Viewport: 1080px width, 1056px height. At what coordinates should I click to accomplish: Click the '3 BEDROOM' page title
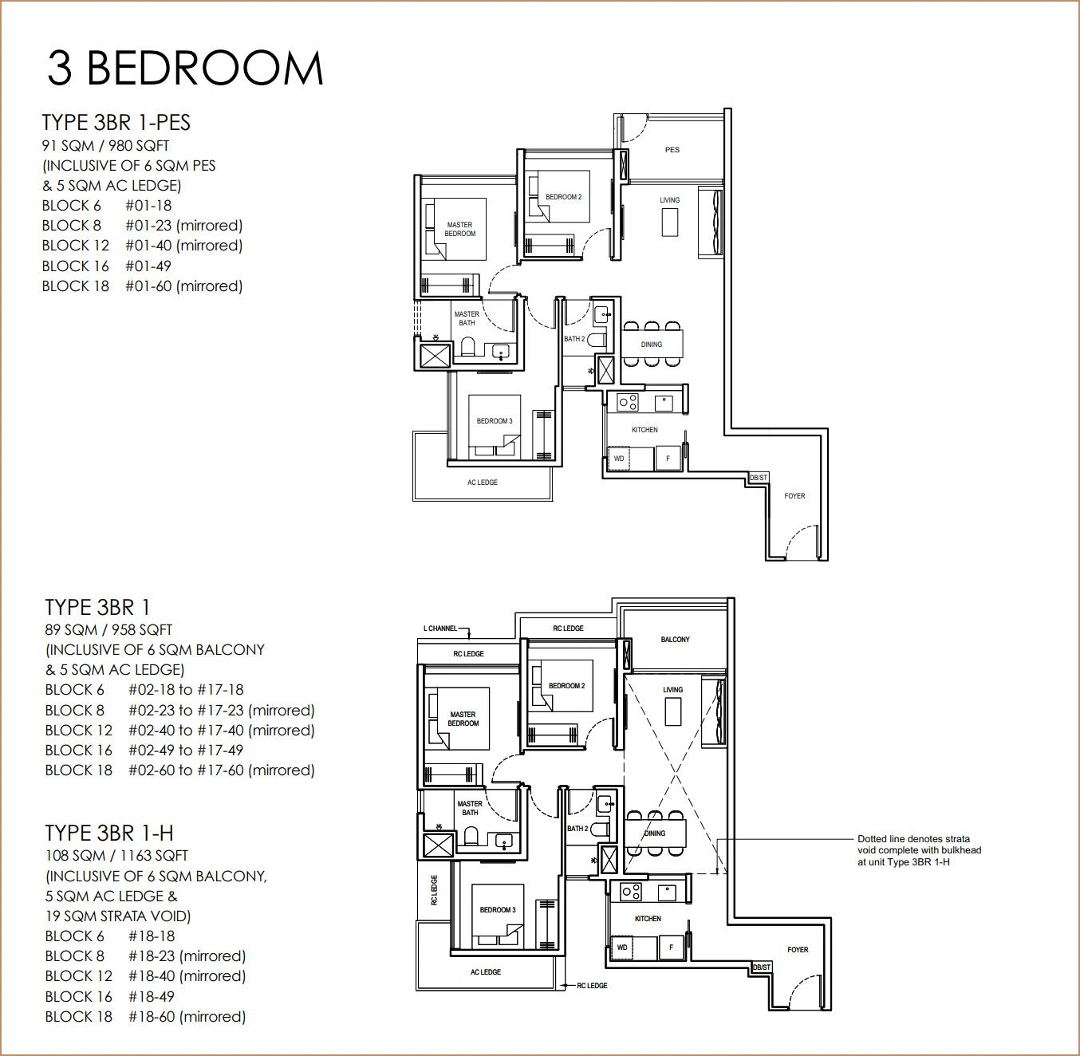pyautogui.click(x=185, y=69)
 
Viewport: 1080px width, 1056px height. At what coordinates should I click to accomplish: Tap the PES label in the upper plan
pyautogui.click(x=672, y=150)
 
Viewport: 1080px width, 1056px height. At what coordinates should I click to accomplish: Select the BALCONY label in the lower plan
pyautogui.click(x=675, y=639)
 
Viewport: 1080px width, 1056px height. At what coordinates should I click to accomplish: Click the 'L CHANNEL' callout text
pyautogui.click(x=440, y=628)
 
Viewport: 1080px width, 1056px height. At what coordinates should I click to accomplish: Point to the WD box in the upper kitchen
pyautogui.click(x=619, y=459)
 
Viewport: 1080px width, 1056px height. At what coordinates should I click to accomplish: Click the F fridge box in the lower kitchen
pyautogui.click(x=671, y=948)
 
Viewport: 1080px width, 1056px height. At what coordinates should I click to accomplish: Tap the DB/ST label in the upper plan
pyautogui.click(x=758, y=477)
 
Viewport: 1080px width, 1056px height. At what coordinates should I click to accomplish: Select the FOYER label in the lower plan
pyautogui.click(x=798, y=949)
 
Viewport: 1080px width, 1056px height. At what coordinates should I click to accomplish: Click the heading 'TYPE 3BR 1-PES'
pyautogui.click(x=116, y=122)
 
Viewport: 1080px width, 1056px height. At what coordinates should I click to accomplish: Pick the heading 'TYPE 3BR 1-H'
pyautogui.click(x=109, y=833)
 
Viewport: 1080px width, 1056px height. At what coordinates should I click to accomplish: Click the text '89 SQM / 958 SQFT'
pyautogui.click(x=108, y=630)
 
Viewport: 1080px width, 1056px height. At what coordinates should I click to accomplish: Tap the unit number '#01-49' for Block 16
pyautogui.click(x=148, y=266)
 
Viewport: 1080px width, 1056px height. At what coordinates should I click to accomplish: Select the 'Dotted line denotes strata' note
pyautogui.click(x=913, y=838)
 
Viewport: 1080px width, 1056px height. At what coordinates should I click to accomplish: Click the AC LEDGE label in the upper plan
pyautogui.click(x=483, y=483)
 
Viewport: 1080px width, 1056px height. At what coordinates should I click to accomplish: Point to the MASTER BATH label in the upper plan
pyautogui.click(x=467, y=318)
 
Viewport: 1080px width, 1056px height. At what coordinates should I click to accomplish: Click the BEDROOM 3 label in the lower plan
pyautogui.click(x=498, y=909)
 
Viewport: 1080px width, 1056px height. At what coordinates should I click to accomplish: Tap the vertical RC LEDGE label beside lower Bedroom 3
pyautogui.click(x=434, y=890)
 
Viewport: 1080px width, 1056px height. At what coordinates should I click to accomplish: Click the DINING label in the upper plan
pyautogui.click(x=652, y=345)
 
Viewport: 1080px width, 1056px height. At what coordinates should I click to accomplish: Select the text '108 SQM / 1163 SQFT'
pyautogui.click(x=116, y=856)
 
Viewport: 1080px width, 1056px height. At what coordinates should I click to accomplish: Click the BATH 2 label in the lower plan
pyautogui.click(x=577, y=829)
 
